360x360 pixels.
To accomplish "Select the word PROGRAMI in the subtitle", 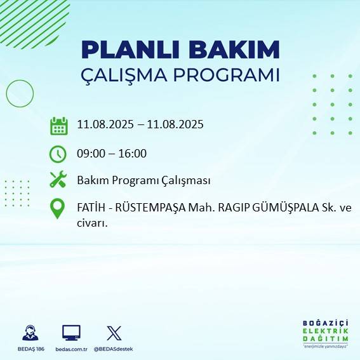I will click(x=232, y=75).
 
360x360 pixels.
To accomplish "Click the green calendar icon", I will click(x=58, y=126).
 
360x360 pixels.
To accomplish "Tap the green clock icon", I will click(x=58, y=154).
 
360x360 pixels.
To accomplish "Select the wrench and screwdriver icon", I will click(x=58, y=180).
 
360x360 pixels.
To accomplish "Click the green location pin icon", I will click(x=58, y=209).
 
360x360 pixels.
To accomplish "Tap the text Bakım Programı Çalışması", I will click(x=143, y=180).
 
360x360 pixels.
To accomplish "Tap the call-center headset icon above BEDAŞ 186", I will click(x=30, y=333).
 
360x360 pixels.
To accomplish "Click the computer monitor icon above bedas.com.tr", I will click(x=71, y=333).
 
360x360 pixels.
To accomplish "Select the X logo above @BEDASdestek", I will click(x=114, y=333).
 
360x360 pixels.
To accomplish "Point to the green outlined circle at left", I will click(x=20, y=93).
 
